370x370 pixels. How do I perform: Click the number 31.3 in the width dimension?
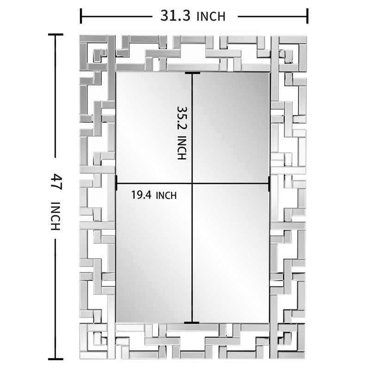(x=175, y=16)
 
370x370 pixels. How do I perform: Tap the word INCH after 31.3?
(x=211, y=17)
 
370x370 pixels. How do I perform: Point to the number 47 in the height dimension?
(x=56, y=181)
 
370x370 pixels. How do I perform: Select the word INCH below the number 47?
(x=56, y=216)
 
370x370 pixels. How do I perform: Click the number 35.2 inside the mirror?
(x=182, y=118)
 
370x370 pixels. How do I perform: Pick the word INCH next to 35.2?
(x=182, y=148)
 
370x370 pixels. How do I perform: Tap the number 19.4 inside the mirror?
(x=141, y=195)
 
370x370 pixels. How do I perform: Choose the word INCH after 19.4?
(x=166, y=196)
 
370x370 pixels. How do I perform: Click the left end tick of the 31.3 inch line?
(x=81, y=16)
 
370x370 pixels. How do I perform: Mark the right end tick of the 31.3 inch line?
(x=307, y=16)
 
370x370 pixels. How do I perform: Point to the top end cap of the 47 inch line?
(x=55, y=34)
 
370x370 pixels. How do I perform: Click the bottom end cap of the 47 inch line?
(x=55, y=359)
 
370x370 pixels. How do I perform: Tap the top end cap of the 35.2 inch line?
(x=192, y=73)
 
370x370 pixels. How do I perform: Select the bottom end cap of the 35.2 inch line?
(x=191, y=322)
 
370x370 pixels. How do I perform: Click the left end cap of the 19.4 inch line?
(x=117, y=183)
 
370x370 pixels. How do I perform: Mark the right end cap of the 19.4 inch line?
(x=269, y=183)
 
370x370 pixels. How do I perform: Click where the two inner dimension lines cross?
(x=192, y=183)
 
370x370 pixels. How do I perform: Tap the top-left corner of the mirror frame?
(x=80, y=36)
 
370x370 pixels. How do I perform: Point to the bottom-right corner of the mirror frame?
(x=306, y=359)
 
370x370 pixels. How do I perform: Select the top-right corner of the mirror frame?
(x=307, y=36)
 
